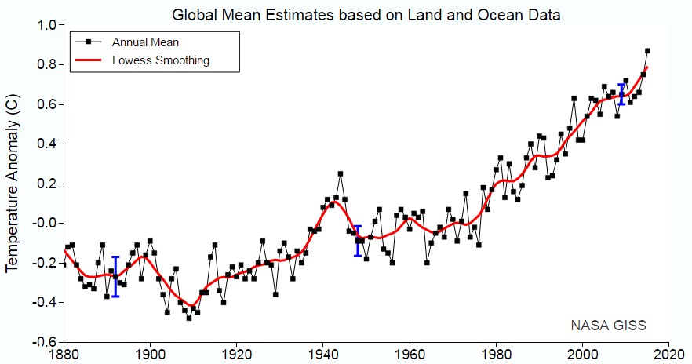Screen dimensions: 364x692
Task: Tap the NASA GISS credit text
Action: point(609,324)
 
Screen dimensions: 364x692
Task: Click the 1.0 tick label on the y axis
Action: point(46,25)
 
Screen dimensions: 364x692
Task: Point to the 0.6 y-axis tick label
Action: point(46,104)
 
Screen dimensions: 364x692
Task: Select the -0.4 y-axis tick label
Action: point(43,302)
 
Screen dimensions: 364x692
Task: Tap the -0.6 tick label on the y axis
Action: point(43,342)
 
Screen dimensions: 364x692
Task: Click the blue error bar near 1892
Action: point(115,276)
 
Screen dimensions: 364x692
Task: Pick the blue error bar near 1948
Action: point(358,241)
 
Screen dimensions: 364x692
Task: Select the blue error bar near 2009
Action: point(621,94)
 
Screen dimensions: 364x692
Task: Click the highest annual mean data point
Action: point(647,51)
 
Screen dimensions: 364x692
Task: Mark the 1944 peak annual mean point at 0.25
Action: point(341,173)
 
